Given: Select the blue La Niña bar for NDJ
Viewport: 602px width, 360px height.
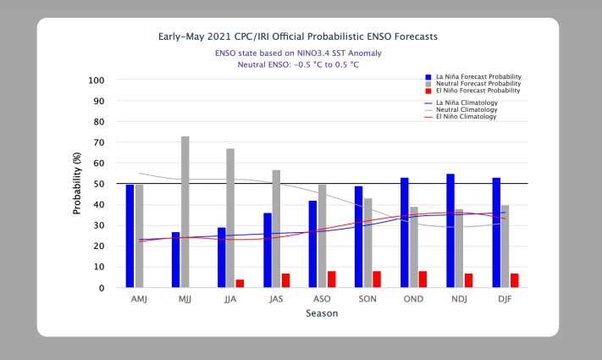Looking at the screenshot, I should pyautogui.click(x=450, y=230).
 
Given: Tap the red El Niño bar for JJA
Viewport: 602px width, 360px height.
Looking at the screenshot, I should pyautogui.click(x=240, y=284).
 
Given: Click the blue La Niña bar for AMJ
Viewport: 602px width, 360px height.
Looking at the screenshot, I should pyautogui.click(x=130, y=236).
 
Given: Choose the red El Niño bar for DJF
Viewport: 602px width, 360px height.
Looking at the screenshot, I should pyautogui.click(x=514, y=280).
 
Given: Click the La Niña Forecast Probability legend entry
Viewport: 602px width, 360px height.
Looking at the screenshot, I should pyautogui.click(x=476, y=75).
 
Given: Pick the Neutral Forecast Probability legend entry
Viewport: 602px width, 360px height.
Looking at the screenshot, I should pyautogui.click(x=475, y=83).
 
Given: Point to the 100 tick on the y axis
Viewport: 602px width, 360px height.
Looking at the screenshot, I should pyautogui.click(x=97, y=80).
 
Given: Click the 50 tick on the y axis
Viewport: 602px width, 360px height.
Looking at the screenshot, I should pyautogui.click(x=99, y=184).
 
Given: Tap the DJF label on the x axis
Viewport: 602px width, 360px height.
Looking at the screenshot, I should pyautogui.click(x=505, y=299).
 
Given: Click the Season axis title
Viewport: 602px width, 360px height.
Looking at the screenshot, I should pyautogui.click(x=322, y=313).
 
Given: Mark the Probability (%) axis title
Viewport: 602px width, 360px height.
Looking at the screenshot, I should pyautogui.click(x=77, y=184).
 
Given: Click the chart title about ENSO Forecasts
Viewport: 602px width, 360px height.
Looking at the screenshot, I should pyautogui.click(x=298, y=37).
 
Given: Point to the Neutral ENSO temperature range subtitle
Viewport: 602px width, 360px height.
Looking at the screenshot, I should pyautogui.click(x=298, y=64).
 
